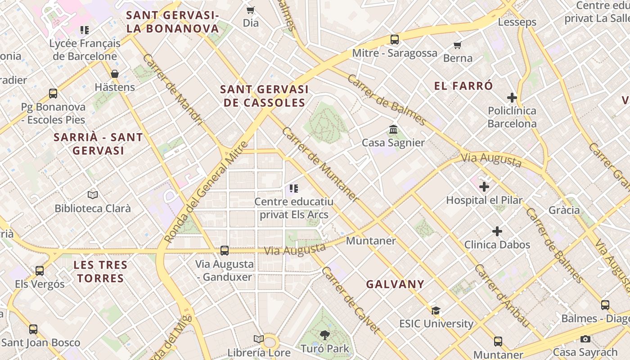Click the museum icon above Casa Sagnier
point(393,130)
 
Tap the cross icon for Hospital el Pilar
point(484,186)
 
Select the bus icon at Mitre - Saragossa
point(395,40)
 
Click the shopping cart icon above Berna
point(458,45)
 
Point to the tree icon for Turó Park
point(324,335)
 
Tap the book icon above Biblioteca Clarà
point(93,195)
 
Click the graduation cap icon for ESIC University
point(436,310)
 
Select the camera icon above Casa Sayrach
point(585,339)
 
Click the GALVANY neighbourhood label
point(395,284)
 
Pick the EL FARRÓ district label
point(463,86)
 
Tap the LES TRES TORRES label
point(100,271)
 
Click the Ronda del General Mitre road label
point(206,193)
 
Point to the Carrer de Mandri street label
point(173,90)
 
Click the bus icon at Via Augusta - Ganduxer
point(225,251)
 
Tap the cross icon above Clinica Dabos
point(497,231)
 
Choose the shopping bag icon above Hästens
point(115,74)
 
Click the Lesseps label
point(517,22)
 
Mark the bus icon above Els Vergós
point(40,271)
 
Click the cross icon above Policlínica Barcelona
point(512,97)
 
